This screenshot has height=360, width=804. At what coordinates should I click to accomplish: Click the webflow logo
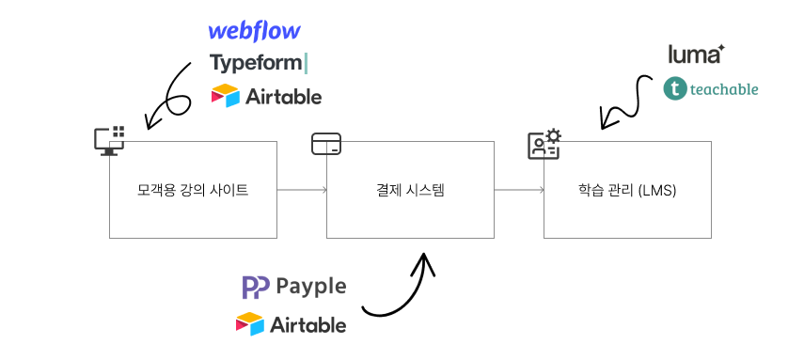point(254,31)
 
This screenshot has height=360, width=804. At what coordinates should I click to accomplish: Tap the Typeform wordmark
point(259,63)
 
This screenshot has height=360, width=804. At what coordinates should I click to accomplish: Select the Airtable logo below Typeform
point(267,96)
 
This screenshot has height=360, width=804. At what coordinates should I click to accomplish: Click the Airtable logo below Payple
point(291,324)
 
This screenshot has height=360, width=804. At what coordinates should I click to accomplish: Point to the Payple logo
point(294,287)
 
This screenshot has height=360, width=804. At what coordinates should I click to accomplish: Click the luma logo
point(697,55)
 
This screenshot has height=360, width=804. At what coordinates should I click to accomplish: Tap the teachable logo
point(710,89)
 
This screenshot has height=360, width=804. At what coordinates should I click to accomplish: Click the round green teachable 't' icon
point(674,89)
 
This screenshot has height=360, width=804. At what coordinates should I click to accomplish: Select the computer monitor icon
point(109,140)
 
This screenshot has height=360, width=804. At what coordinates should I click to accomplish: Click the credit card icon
point(326,144)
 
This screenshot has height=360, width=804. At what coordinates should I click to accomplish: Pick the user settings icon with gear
point(544,144)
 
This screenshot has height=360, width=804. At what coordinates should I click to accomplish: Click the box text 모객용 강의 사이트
point(193,191)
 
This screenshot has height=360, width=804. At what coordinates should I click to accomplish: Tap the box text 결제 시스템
point(410,191)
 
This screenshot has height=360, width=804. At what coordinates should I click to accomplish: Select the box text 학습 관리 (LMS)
point(627,191)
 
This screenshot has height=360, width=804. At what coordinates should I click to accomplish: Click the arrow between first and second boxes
point(302,190)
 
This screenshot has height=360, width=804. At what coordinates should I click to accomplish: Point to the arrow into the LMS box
point(519,190)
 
